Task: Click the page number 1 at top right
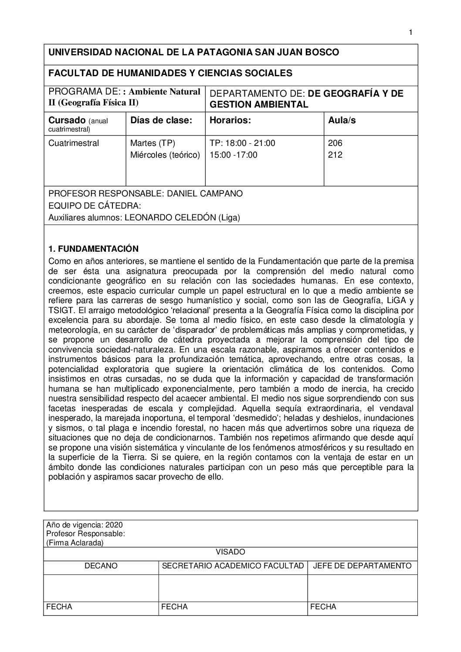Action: (410, 32)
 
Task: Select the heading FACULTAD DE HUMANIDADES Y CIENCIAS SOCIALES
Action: (170, 73)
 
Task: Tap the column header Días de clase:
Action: (161, 120)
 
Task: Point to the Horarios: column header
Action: (230, 120)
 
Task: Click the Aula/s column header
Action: (342, 120)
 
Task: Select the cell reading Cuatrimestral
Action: (74, 143)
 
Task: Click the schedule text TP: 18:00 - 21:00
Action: (242, 143)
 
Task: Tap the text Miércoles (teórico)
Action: (165, 155)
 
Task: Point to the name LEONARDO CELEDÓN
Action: (170, 218)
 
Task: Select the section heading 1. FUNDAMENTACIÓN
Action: (93, 249)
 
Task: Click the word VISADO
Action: (230, 552)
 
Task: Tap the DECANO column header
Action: (101, 566)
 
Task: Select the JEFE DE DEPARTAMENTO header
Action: (362, 566)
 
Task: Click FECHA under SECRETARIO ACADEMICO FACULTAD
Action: (174, 607)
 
